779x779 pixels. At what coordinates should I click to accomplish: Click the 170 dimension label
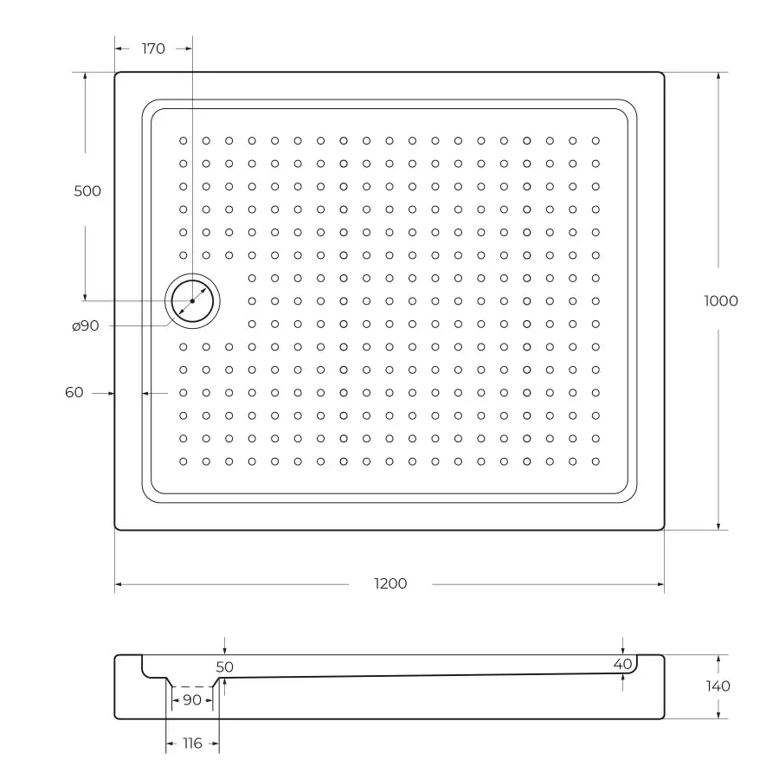click(x=153, y=48)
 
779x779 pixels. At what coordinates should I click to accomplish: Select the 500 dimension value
click(x=87, y=190)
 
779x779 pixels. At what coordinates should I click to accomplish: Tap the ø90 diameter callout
click(x=86, y=326)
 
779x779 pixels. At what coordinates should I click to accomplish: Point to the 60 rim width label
click(x=74, y=392)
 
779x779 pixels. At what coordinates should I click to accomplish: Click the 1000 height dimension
click(x=721, y=301)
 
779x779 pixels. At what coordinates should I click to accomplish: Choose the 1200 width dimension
click(x=390, y=583)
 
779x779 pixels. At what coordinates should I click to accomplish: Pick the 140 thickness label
click(x=718, y=686)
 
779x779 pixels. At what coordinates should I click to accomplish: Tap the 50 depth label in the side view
click(x=224, y=666)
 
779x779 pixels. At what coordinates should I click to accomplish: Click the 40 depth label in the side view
click(x=622, y=664)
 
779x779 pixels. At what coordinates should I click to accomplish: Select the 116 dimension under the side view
click(x=192, y=744)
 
